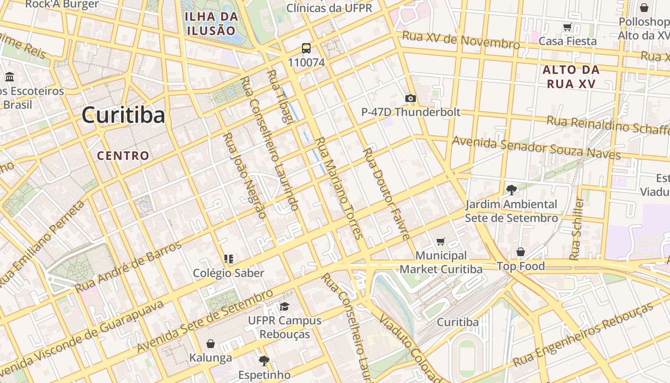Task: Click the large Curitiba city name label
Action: (123, 115)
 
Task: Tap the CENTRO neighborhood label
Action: (123, 156)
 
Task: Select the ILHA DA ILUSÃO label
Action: (211, 23)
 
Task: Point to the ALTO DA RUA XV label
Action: (570, 77)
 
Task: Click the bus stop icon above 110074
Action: (306, 48)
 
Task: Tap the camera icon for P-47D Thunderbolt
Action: (410, 99)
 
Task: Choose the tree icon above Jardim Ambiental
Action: (511, 190)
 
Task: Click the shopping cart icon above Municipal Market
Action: (441, 242)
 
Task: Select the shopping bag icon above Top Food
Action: (521, 252)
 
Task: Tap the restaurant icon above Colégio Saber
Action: (229, 259)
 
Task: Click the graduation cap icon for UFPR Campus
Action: (285, 306)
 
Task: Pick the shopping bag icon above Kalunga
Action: (211, 344)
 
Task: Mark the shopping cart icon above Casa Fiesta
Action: (568, 27)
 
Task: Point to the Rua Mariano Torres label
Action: (337, 188)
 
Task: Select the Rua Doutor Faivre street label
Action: (386, 193)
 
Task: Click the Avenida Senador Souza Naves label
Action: (536, 147)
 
